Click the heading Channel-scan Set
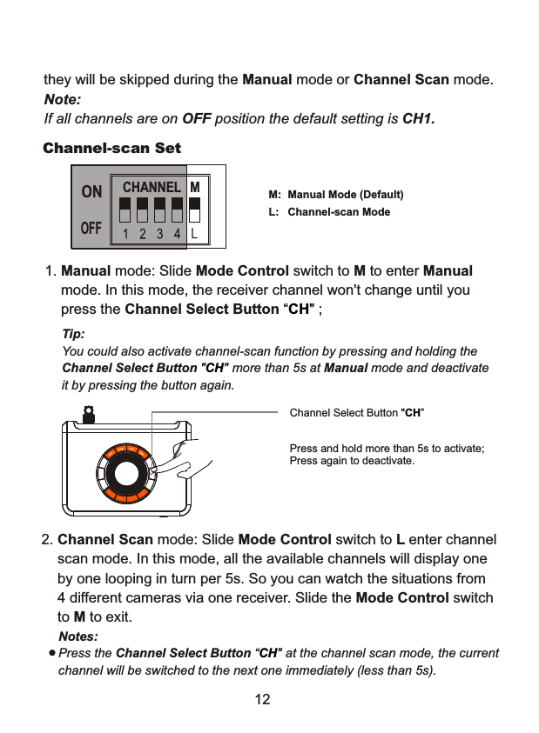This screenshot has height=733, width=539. pyautogui.click(x=112, y=148)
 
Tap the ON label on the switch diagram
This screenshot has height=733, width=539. pyautogui.click(x=91, y=191)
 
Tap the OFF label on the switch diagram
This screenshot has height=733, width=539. pyautogui.click(x=91, y=229)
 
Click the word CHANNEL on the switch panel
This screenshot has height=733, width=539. pyautogui.click(x=152, y=187)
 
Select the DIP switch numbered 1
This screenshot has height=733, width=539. pyautogui.click(x=125, y=210)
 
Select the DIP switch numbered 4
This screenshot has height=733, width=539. pyautogui.click(x=177, y=210)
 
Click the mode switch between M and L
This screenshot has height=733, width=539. pyautogui.click(x=195, y=210)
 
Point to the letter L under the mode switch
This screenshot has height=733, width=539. pyautogui.click(x=195, y=233)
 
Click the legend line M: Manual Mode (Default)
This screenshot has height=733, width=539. pyautogui.click(x=336, y=194)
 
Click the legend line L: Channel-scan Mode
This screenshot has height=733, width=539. pyautogui.click(x=330, y=212)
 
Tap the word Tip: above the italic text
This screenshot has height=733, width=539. pyautogui.click(x=73, y=334)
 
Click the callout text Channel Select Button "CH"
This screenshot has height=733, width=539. pyautogui.click(x=356, y=412)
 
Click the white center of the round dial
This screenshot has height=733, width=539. pyautogui.click(x=128, y=474)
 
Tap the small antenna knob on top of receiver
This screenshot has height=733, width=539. pyautogui.click(x=86, y=417)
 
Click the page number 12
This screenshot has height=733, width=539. pyautogui.click(x=262, y=700)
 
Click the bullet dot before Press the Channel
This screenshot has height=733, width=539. pyautogui.click(x=52, y=652)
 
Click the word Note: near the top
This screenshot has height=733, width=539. pyautogui.click(x=62, y=100)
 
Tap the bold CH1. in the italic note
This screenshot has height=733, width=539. pyautogui.click(x=418, y=118)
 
